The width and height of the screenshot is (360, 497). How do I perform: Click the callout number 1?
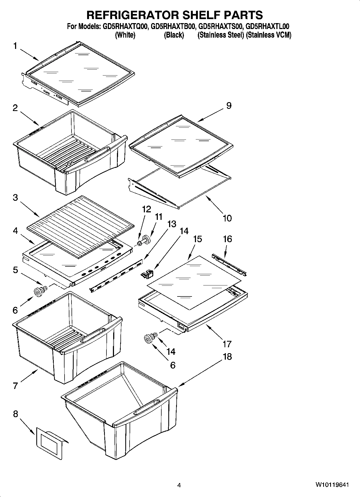click(15, 46)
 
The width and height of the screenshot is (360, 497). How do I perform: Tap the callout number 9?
click(229, 106)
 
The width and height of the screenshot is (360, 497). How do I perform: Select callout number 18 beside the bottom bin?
click(227, 356)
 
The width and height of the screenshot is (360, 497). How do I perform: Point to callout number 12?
click(147, 209)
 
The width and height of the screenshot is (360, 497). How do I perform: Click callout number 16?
click(227, 239)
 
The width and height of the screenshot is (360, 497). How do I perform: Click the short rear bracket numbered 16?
click(229, 264)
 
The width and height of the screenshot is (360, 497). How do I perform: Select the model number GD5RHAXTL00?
click(268, 27)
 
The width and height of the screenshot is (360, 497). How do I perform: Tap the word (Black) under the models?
click(174, 35)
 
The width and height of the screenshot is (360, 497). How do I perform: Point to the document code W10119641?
click(332, 485)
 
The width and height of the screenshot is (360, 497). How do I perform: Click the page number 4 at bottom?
click(179, 485)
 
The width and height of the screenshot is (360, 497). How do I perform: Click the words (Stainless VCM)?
click(269, 35)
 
